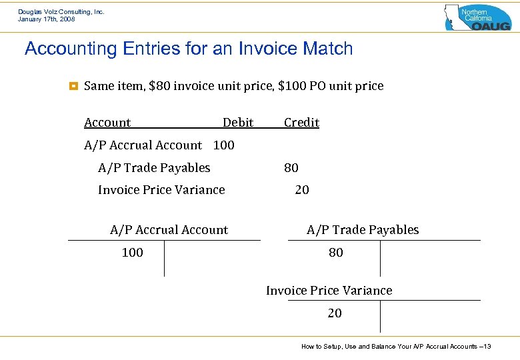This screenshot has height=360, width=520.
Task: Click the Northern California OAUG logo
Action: tap(477, 17)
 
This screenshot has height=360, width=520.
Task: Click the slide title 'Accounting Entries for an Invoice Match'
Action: tap(189, 49)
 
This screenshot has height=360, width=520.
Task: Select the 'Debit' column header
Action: tap(238, 123)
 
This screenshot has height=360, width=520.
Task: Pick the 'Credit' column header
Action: tap(301, 123)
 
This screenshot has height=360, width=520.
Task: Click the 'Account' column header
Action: tap(107, 123)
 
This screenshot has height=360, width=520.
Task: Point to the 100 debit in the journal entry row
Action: tap(224, 145)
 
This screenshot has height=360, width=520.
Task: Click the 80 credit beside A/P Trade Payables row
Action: tap(291, 168)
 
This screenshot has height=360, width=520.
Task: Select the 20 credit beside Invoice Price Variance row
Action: tap(302, 190)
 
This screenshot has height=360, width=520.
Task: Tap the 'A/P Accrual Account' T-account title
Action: tap(169, 230)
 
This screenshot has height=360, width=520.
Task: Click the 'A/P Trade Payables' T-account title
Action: tap(363, 230)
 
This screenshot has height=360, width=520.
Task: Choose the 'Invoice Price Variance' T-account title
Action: tap(329, 291)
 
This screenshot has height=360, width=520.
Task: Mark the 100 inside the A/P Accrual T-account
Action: tap(132, 253)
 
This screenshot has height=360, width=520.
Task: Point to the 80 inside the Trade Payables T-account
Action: tap(336, 253)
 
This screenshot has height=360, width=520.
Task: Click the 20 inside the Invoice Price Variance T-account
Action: tap(335, 313)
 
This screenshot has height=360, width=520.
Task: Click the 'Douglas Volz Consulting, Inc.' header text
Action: tap(61, 12)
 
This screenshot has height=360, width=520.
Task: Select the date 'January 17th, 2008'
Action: tap(47, 20)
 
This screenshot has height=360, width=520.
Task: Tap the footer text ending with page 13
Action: tap(396, 347)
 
